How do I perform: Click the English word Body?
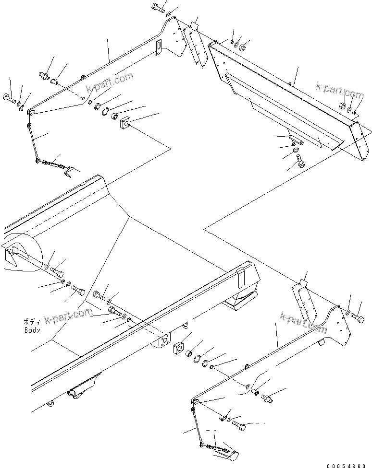click(x=32, y=330)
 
